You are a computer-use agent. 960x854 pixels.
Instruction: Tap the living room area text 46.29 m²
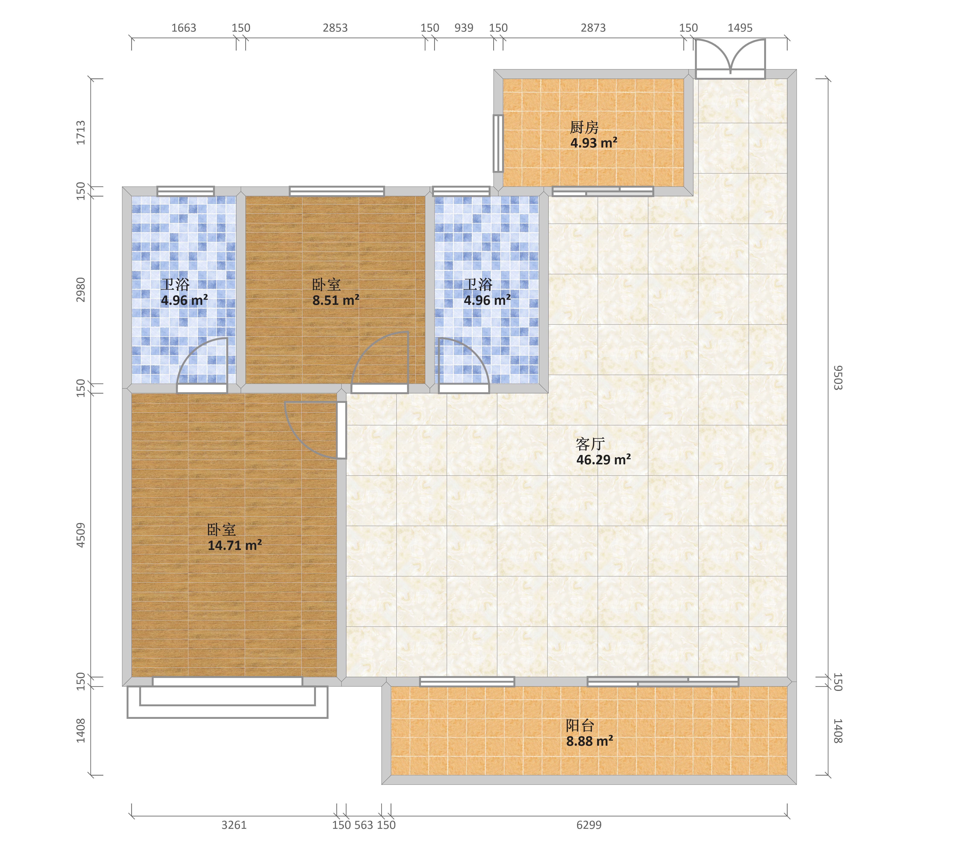click(604, 460)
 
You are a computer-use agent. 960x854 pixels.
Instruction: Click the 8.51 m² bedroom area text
click(336, 300)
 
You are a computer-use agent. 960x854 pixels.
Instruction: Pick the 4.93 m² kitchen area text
click(594, 143)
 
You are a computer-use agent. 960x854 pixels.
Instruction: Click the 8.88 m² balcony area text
click(589, 741)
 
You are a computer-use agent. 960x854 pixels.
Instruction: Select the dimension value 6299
click(589, 825)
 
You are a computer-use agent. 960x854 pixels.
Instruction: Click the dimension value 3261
click(234, 825)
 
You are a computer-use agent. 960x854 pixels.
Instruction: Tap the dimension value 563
click(364, 825)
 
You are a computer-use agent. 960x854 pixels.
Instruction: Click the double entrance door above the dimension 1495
click(730, 59)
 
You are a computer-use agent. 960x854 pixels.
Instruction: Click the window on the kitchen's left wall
click(498, 143)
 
